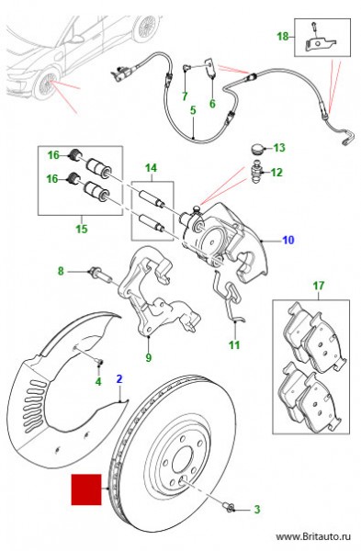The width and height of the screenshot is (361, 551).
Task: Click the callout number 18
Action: click(x=283, y=36)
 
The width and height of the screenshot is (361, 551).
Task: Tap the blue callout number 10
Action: click(x=288, y=241)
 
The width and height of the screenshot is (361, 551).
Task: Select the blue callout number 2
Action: click(x=119, y=378)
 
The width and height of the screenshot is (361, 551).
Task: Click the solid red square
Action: click(x=86, y=489)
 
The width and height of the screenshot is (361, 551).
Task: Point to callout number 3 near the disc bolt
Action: click(x=257, y=509)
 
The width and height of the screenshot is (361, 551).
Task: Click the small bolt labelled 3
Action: click(x=229, y=506)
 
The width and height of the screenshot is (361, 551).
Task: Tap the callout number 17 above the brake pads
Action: click(x=319, y=286)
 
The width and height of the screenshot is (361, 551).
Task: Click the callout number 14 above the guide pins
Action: click(x=152, y=168)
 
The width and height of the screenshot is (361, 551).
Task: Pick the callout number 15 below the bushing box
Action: click(x=82, y=229)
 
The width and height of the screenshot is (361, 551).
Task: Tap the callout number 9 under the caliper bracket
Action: click(x=148, y=358)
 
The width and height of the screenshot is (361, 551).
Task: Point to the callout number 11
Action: click(x=234, y=344)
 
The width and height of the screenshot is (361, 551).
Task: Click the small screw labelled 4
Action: click(x=99, y=363)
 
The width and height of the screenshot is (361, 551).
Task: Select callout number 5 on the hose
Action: click(x=193, y=110)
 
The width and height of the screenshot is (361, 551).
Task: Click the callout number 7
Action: click(x=186, y=96)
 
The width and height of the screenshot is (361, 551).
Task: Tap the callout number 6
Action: click(x=212, y=104)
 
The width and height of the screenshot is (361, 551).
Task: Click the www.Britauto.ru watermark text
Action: click(x=313, y=536)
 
